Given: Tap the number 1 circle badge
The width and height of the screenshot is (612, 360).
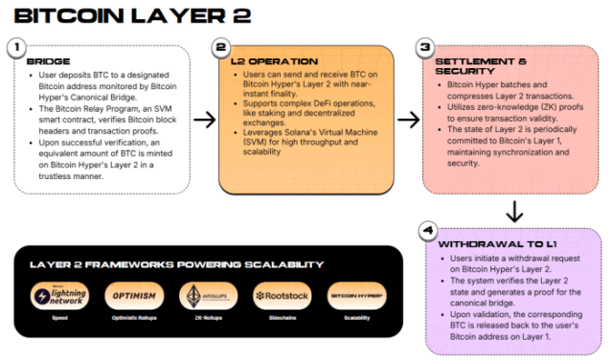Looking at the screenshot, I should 16,47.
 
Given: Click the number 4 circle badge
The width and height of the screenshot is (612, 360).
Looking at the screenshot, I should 427,231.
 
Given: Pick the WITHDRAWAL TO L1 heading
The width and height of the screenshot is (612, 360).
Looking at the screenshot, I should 487,244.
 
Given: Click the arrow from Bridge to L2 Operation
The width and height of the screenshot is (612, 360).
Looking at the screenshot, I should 204,120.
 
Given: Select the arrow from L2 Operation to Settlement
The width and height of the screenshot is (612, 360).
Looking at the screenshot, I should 409,120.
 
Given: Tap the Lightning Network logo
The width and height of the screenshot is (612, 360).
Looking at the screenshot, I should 59,295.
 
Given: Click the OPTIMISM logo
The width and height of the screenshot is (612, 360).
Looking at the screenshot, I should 133,295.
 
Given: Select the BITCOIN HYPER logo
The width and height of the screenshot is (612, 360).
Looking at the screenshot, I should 355,295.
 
